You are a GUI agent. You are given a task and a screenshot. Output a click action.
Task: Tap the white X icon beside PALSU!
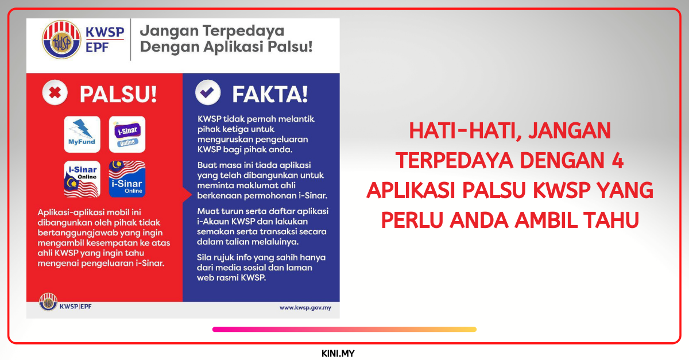(x=55, y=93)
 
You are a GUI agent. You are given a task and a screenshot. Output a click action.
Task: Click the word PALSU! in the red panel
(x=118, y=94)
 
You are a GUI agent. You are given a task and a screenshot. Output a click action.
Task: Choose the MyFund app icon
(x=82, y=134)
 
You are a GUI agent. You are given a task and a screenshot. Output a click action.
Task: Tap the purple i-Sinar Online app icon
(x=127, y=134)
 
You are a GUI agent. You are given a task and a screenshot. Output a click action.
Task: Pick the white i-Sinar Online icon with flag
(x=82, y=179)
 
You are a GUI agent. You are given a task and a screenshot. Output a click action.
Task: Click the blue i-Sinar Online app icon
(x=127, y=179)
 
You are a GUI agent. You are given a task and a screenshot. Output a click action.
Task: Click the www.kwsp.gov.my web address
(x=305, y=308)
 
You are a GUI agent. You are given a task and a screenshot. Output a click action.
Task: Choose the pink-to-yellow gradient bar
(x=344, y=330)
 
